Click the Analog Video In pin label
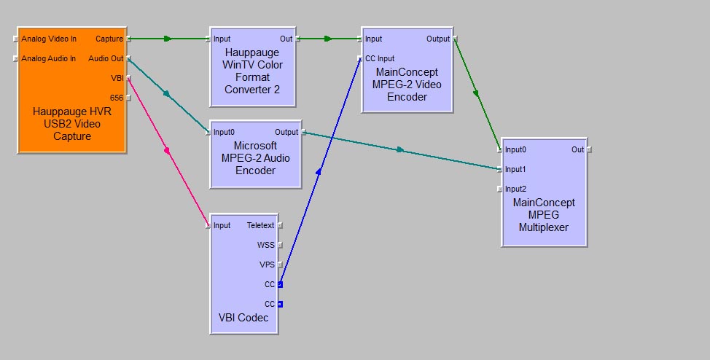click(48, 39)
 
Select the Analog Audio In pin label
click(48, 58)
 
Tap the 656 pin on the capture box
click(117, 98)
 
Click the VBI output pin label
click(117, 78)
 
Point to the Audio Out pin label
click(106, 58)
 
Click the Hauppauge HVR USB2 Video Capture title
click(72, 124)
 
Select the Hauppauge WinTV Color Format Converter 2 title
click(253, 71)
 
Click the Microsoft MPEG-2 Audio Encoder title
click(255, 158)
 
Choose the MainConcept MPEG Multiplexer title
click(544, 214)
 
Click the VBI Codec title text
click(243, 318)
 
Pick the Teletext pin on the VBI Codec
click(260, 225)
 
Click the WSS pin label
click(265, 245)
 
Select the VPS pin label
click(266, 265)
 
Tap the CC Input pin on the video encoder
click(379, 58)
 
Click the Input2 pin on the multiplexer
click(515, 189)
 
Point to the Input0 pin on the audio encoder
click(224, 132)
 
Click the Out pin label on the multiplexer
click(577, 149)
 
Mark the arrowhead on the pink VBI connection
click(167, 151)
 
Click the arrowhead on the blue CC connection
click(319, 172)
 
